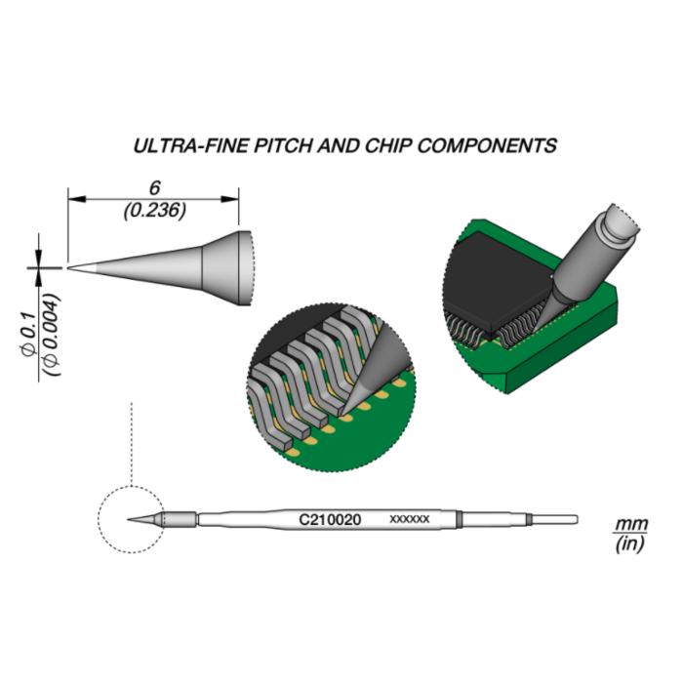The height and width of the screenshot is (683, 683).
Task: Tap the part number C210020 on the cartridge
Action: tap(330, 520)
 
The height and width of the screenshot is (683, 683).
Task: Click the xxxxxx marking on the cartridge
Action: tap(410, 520)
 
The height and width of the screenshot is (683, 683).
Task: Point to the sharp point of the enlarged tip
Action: tap(68, 266)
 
